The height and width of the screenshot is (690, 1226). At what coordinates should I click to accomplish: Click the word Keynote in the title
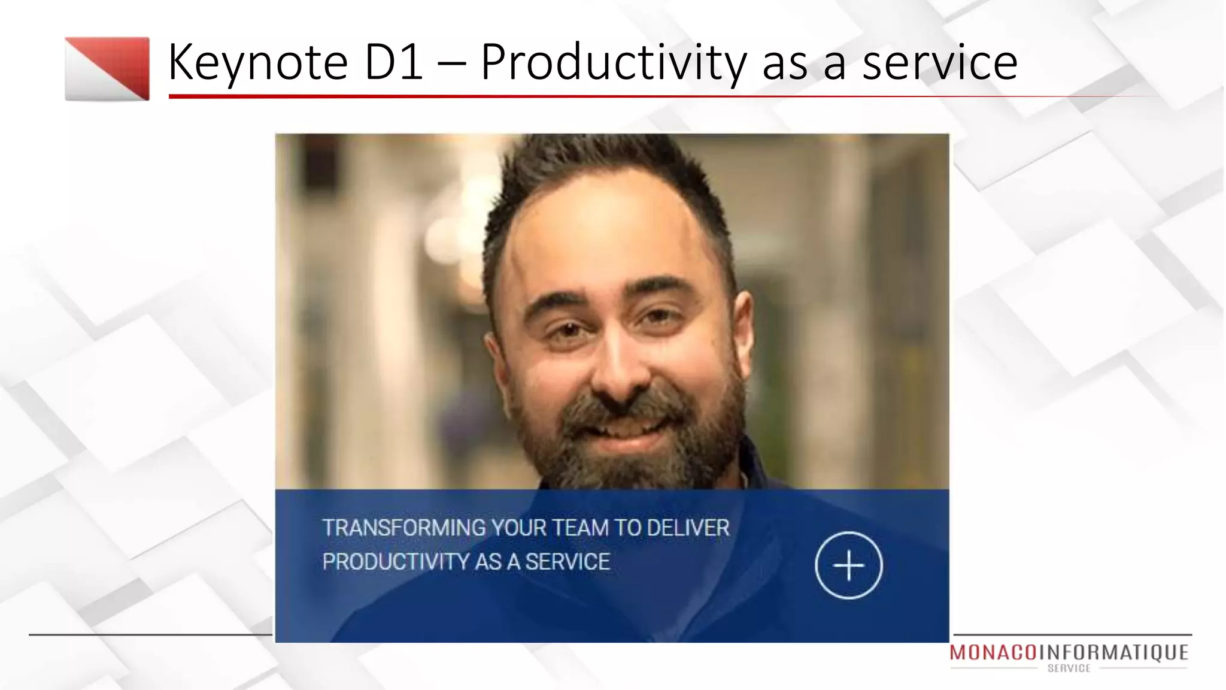click(257, 62)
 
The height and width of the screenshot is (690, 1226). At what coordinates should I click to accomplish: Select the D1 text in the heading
click(393, 62)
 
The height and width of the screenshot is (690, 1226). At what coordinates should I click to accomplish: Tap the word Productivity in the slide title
click(614, 62)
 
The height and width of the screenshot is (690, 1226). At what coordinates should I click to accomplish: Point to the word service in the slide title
click(939, 62)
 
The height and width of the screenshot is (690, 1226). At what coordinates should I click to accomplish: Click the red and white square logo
click(107, 69)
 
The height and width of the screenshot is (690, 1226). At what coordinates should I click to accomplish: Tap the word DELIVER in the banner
click(688, 528)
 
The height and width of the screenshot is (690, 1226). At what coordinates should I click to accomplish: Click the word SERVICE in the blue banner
click(568, 562)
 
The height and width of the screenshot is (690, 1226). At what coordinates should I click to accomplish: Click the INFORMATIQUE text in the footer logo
click(1113, 653)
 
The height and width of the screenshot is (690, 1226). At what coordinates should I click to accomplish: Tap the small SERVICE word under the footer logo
click(1069, 668)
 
